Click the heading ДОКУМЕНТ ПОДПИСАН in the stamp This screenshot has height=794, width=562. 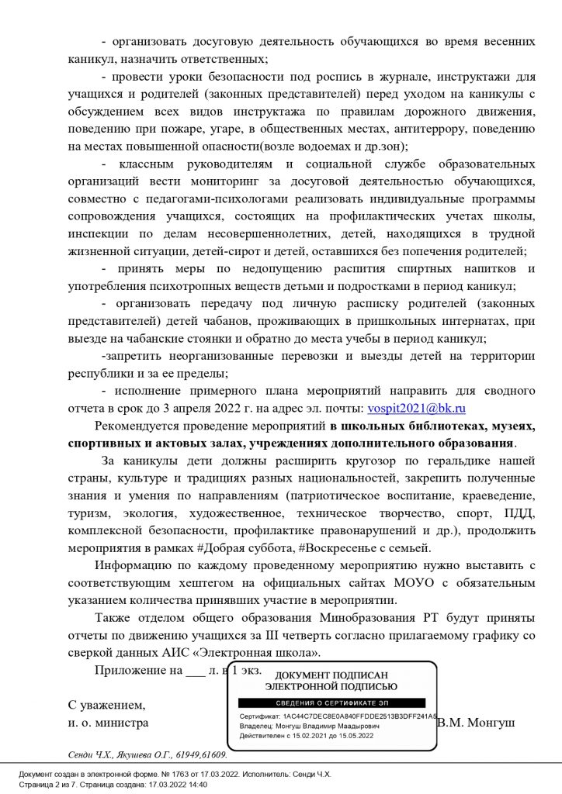pyautogui.click(x=331, y=675)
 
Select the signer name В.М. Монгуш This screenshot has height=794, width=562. pyautogui.click(x=475, y=723)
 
